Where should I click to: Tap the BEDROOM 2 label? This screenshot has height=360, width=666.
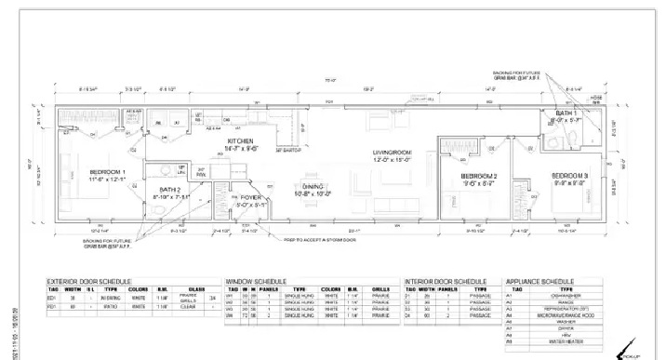coord(479,177)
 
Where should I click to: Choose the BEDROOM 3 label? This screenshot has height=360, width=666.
coord(568,175)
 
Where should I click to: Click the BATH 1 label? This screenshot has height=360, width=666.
coord(567,113)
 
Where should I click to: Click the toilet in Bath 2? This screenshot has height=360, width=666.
coord(164,213)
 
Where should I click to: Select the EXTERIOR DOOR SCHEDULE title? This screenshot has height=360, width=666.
coord(89,280)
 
